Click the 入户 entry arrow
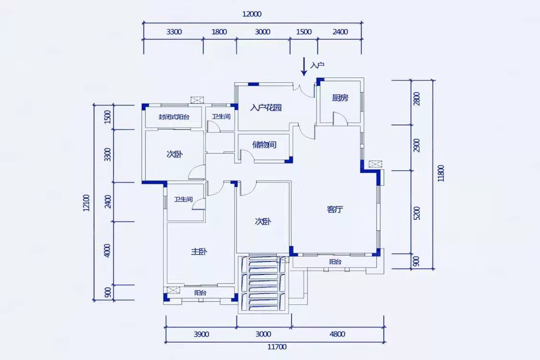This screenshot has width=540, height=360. [304, 66]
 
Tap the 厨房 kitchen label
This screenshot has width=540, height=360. [340, 98]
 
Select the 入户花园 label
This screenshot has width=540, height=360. [266, 108]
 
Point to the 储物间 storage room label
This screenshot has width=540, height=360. [264, 145]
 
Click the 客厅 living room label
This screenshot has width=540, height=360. [335, 209]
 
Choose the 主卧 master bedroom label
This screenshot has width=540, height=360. [199, 251]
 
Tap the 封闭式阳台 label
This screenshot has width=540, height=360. [174, 117]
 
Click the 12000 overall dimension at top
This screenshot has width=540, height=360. [252, 14]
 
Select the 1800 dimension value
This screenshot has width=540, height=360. [219, 32]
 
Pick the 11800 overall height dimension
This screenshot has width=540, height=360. [441, 173]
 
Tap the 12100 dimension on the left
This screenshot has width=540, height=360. [87, 203]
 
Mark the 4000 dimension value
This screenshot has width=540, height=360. [107, 250]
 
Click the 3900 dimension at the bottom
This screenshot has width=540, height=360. [201, 334]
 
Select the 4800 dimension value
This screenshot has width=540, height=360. [337, 334]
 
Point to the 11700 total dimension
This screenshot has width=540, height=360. [277, 347]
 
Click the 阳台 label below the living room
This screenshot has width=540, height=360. [335, 262]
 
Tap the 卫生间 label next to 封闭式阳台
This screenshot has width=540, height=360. [221, 117]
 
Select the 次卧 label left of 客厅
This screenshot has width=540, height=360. [263, 221]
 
